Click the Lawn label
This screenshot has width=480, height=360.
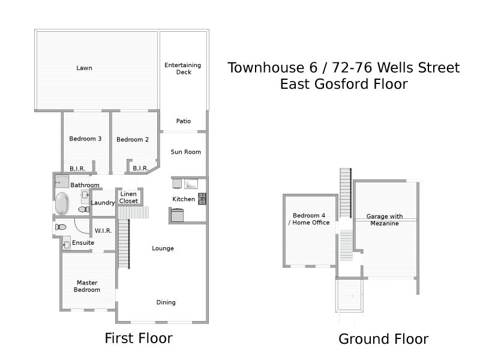pos(84,68)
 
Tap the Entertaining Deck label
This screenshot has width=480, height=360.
pos(183,68)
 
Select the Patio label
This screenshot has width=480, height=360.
pos(184,121)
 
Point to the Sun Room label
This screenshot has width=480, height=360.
pos(186,152)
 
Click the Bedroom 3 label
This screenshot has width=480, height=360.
pos(85,139)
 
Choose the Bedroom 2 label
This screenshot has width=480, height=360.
pos(133,140)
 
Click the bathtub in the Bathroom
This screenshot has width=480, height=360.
pos(62,203)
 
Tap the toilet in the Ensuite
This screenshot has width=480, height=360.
pos(61,227)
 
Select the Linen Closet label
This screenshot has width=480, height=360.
pos(128,197)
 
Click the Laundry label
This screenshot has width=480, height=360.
pos(103,203)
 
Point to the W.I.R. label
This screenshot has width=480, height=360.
pos(103,231)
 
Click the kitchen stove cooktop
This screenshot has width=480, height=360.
pos(202,199)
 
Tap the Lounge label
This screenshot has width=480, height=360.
pos(163,248)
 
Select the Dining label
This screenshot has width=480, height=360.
pos(166,302)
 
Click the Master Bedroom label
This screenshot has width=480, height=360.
pos(87,286)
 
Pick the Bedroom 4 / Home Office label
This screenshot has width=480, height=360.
pos(309,219)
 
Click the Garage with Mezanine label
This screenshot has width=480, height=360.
pos(385,220)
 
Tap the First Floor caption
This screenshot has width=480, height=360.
pos(139,338)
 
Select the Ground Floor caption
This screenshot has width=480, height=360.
pos(383,339)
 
